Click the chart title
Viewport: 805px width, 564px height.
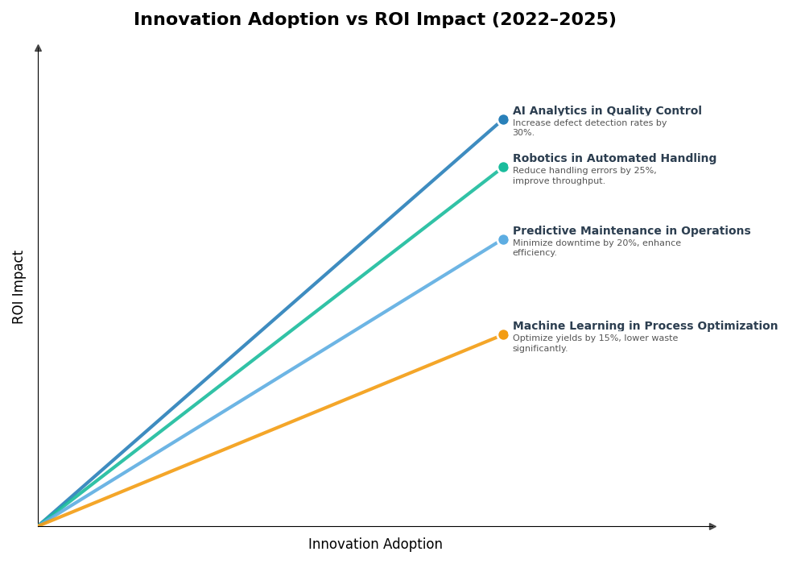coord(374,20)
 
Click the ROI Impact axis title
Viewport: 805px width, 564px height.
coord(19,287)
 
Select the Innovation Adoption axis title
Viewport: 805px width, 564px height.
coord(375,545)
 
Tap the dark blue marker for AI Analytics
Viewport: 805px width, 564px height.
coord(503,119)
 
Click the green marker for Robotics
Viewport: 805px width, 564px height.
coord(503,167)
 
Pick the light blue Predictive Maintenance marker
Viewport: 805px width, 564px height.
coord(503,239)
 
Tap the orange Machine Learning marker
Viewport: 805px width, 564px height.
coord(503,334)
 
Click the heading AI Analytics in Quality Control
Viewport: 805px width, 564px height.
coord(607,111)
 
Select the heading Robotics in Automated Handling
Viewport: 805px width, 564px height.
coord(614,159)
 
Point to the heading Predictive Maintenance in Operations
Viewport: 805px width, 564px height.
coord(631,231)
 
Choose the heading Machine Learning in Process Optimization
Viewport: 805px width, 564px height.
coord(645,326)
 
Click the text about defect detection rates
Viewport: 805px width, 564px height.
coord(589,128)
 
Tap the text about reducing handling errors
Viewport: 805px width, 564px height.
coord(584,176)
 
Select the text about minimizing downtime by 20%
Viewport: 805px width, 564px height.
coord(597,248)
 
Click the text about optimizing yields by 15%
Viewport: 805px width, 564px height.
coord(595,343)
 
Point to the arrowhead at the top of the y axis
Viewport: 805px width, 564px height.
coord(38,48)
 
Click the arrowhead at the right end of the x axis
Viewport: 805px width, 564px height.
coord(712,526)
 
